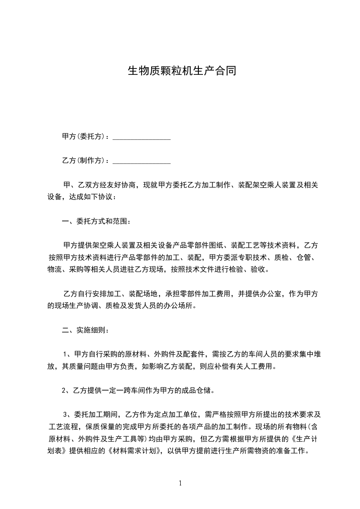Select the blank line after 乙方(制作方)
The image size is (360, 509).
141,161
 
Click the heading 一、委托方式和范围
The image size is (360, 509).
97,222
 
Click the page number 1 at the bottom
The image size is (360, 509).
180,483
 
